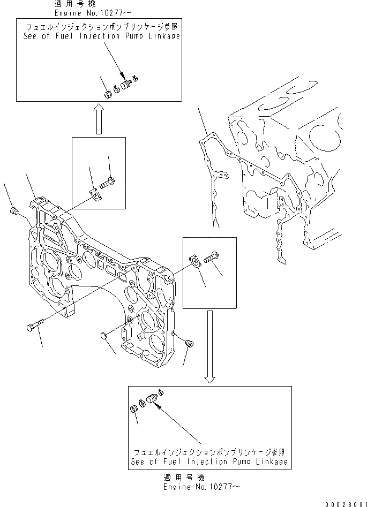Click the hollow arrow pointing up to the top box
98,119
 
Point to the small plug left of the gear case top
14,214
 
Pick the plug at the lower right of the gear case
188,343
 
